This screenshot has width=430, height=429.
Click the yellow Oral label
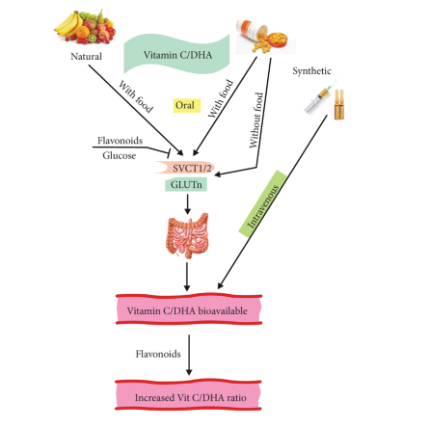click(187, 105)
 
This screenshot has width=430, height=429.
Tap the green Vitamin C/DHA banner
click(176, 55)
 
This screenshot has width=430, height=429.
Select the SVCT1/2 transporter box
click(186, 168)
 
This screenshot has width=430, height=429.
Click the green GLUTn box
click(186, 185)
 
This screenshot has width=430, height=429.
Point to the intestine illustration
click(188, 235)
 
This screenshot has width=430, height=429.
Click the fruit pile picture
click(85, 27)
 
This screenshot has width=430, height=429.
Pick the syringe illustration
click(320, 97)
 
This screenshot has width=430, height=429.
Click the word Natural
click(86, 57)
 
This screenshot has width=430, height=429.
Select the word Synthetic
click(311, 71)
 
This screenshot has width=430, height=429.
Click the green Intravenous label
click(263, 203)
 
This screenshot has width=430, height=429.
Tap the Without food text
click(256, 121)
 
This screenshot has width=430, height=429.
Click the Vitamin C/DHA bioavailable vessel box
click(189, 309)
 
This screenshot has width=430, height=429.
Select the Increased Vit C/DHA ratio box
click(189, 395)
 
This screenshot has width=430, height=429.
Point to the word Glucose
click(120, 156)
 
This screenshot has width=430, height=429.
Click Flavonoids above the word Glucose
click(121, 141)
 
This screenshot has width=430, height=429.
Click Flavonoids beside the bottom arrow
click(158, 354)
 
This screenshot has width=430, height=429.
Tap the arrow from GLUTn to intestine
click(187, 204)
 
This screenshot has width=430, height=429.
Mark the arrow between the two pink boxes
click(189, 355)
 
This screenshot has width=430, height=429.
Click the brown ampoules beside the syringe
click(339, 104)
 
